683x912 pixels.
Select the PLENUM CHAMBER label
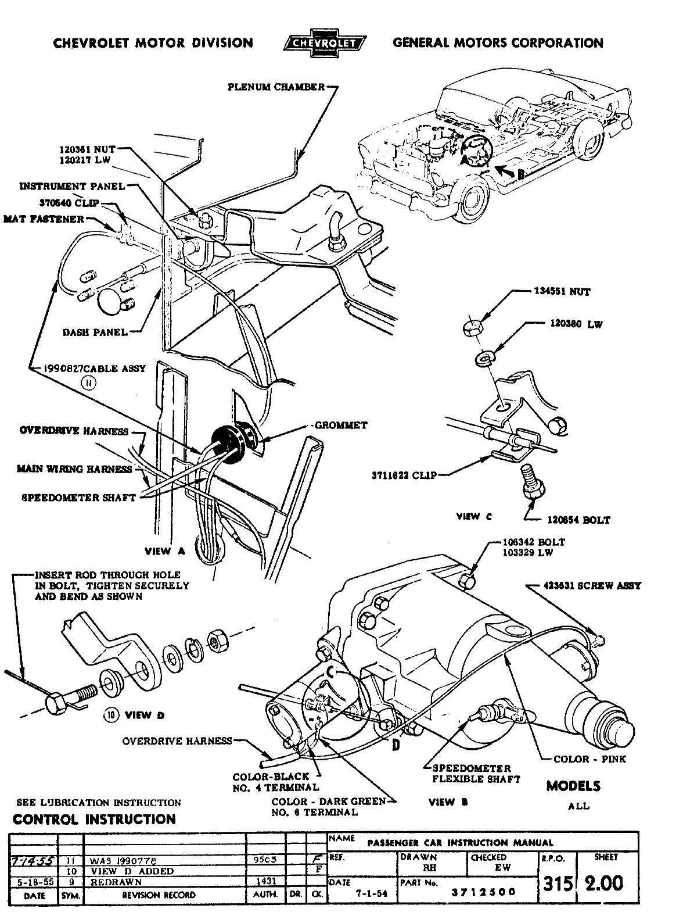276,87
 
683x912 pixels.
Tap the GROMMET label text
341,425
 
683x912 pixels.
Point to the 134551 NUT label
562,292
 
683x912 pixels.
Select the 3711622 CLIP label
404,474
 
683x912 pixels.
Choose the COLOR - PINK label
589,759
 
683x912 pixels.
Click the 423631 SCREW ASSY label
592,586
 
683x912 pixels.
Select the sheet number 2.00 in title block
603,884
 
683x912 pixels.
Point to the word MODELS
573,786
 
